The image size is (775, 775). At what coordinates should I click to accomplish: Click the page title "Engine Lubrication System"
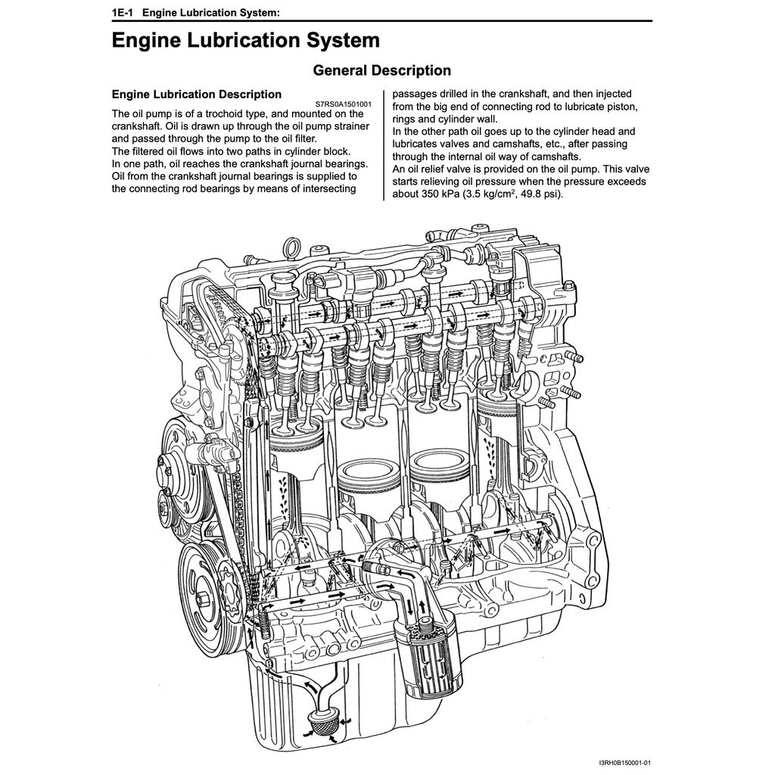pos(245,40)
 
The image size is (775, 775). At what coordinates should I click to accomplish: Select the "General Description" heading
pos(381,70)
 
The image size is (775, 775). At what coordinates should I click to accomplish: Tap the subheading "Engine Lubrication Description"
pos(197,95)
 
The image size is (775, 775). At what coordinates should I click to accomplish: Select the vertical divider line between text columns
pos(384,144)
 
